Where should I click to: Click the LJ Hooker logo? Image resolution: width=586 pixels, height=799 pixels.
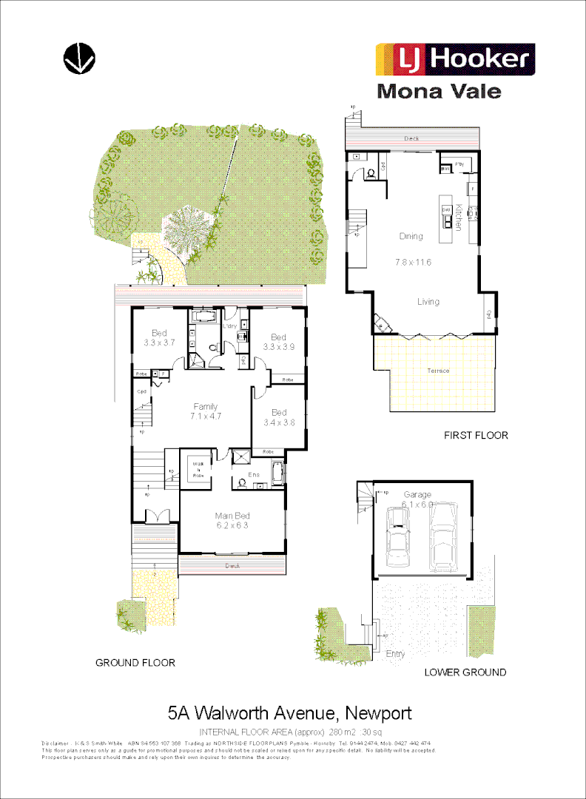pos(455,59)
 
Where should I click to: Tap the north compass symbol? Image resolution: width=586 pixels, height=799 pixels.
pos(79,58)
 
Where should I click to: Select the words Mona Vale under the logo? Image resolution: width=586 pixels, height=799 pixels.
pos(439,92)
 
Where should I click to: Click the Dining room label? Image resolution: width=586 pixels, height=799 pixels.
pos(411,237)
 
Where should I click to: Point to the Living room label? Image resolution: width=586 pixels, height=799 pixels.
pos(428,301)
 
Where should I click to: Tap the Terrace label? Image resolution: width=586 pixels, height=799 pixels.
pos(438,371)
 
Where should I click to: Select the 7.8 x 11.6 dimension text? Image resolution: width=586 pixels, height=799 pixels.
pos(413,262)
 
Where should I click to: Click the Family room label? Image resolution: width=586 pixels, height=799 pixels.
pos(206,406)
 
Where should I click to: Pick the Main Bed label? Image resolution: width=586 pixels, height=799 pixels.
pos(232,516)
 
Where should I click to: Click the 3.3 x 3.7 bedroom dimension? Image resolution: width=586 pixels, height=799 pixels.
pos(159,343)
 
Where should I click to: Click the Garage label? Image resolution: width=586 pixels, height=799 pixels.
pos(417,494)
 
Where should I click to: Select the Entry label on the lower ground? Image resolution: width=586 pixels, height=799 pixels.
pos(395,654)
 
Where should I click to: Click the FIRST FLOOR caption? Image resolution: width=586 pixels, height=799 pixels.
pos(476,435)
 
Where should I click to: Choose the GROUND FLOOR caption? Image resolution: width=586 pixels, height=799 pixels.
pos(135,662)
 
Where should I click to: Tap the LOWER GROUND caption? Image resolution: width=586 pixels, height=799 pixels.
pos(465,672)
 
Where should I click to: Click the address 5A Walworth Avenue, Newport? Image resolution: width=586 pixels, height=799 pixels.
pos(289,713)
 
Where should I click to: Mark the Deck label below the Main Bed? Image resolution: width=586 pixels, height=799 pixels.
pos(232,567)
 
